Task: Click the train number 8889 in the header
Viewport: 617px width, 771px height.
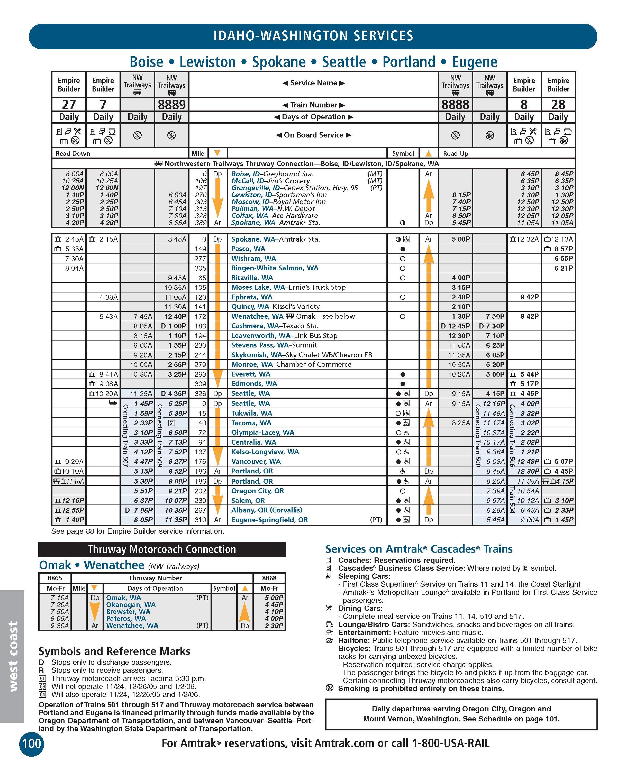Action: [x=172, y=104]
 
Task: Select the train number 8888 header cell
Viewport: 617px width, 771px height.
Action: [x=455, y=104]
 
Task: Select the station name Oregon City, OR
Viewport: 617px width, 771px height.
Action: [x=258, y=491]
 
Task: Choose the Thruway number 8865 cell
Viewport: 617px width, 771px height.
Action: [x=55, y=578]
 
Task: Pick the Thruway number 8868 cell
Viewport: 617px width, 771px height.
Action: [x=269, y=578]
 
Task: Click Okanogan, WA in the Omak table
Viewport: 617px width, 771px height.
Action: [x=131, y=605]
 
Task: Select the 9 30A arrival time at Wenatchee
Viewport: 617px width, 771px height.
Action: [x=60, y=626]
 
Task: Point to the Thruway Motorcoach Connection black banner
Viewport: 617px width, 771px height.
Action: [x=162, y=549]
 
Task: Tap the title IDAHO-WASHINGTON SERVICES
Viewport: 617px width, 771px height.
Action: [x=313, y=36]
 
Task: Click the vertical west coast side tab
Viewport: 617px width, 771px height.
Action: [x=13, y=656]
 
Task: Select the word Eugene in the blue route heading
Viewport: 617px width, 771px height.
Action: [x=474, y=62]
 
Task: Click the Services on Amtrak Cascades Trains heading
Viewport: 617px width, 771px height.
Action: [x=419, y=549]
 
